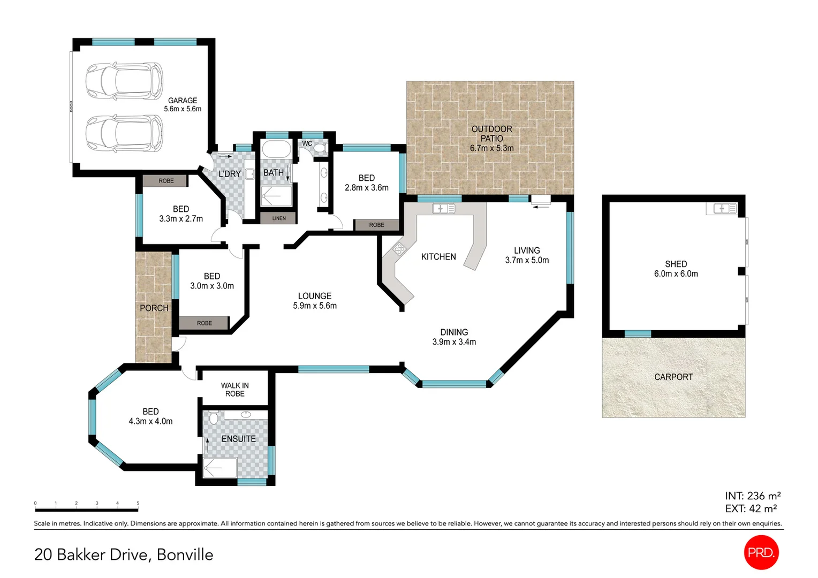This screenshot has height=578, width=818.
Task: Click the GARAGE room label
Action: coord(183,101)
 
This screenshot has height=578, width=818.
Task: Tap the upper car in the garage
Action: coord(124,81)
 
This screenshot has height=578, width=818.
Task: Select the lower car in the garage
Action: coord(124,133)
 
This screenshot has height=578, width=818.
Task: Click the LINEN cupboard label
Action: coord(278,218)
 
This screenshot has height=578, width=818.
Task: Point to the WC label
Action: coord(307,143)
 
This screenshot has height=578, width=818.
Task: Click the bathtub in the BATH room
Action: coord(276,149)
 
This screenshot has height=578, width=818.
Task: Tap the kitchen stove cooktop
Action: coord(399,248)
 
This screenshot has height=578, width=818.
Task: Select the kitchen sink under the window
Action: coord(443,209)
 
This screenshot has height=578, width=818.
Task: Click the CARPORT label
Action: coord(673,377)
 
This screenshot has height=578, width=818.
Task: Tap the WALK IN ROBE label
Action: coord(234,390)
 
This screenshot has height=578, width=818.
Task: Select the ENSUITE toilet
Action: coord(214,417)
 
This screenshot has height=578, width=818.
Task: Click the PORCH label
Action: coord(154,308)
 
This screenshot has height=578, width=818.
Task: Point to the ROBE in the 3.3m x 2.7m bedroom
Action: coord(166,181)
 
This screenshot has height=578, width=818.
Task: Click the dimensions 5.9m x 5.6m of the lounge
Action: coord(315,306)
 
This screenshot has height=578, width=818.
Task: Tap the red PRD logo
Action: coord(761,552)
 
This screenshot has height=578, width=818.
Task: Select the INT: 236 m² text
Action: coord(752,496)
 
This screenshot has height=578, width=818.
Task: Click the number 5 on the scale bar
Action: coord(138,503)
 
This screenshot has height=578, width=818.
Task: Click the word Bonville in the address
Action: coord(185,554)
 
